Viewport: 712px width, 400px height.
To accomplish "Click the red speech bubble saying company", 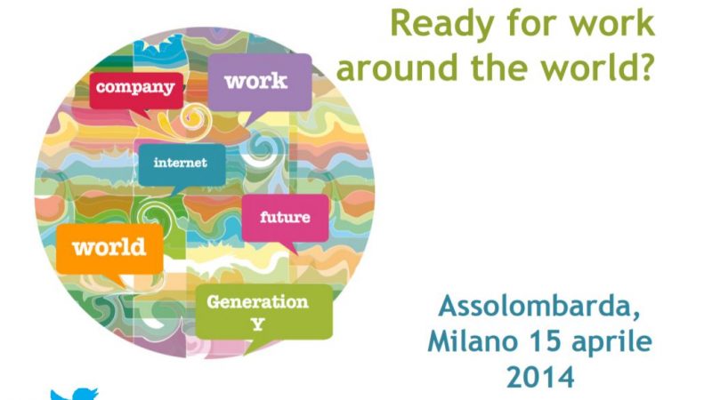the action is [x=136, y=92].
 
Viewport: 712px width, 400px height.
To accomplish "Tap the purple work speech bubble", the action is [x=260, y=84].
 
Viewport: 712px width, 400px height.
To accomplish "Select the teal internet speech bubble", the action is [x=182, y=165].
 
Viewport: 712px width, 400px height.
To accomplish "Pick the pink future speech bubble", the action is [x=285, y=220].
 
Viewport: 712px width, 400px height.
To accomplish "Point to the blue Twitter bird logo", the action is [x=75, y=394].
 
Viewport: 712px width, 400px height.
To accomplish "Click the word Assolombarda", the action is [x=539, y=306].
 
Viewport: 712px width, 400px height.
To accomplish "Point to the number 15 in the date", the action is [x=544, y=341].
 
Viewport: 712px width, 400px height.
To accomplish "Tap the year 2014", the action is [x=540, y=377].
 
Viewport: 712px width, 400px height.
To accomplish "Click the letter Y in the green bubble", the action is [x=258, y=324].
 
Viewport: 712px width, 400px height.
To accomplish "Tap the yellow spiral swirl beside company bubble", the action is [x=196, y=119].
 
